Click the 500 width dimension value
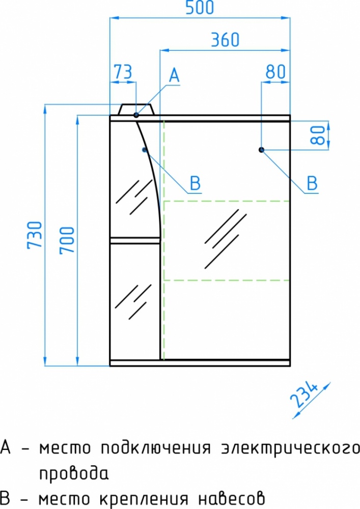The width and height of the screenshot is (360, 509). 199,8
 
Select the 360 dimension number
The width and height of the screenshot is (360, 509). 225,40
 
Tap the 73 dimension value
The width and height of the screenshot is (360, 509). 123,72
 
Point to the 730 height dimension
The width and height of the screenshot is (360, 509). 35,235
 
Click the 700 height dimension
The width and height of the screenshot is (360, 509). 68,240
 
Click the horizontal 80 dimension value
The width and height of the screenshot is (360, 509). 275,72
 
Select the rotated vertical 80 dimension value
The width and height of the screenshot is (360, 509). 318,135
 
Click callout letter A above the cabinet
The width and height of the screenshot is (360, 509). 174,75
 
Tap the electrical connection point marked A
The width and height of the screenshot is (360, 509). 136,115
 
